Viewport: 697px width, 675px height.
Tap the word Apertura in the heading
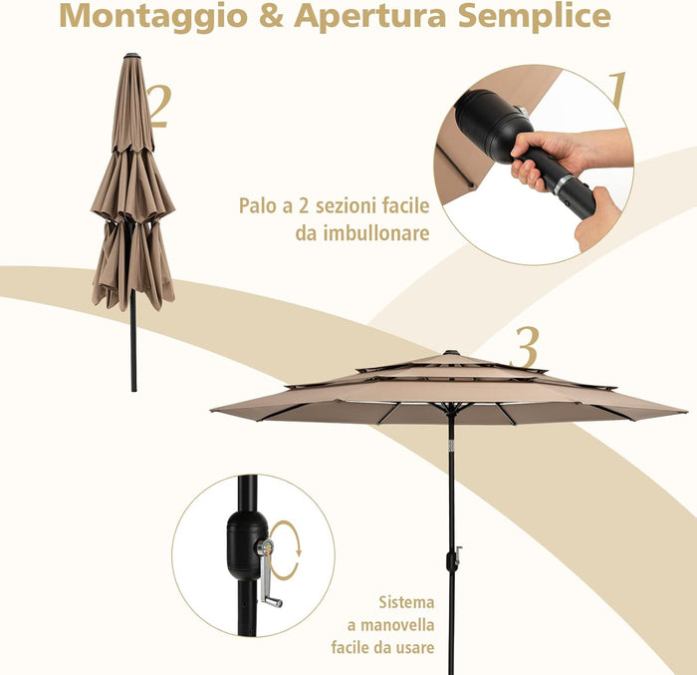pos(352,18)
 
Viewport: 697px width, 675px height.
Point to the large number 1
pos(617,91)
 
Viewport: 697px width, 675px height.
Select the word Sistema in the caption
pos(406,602)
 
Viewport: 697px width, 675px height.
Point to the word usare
pos(413,648)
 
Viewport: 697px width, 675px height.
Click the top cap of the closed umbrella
pos(130,56)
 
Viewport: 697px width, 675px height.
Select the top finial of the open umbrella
pos(450,352)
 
